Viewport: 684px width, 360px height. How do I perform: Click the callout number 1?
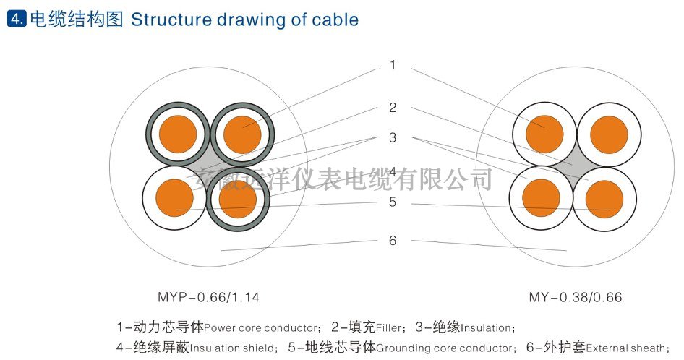point(393,66)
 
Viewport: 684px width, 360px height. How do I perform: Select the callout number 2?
point(393,108)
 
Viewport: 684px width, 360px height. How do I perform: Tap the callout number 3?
point(393,137)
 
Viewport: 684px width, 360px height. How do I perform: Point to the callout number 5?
point(393,202)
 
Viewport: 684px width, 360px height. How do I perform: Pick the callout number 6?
point(393,241)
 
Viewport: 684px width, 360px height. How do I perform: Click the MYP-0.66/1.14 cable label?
point(208,297)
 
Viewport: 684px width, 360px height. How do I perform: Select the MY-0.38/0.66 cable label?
point(576,297)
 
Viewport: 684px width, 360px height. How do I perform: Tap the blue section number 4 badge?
point(15,20)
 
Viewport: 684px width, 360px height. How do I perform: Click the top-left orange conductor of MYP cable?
point(177,134)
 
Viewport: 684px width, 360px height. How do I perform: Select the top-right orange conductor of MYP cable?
point(241,134)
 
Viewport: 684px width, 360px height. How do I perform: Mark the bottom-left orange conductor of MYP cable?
point(174,197)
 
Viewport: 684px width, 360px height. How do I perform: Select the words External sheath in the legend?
point(626,348)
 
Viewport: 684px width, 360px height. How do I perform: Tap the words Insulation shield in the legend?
point(232,348)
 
